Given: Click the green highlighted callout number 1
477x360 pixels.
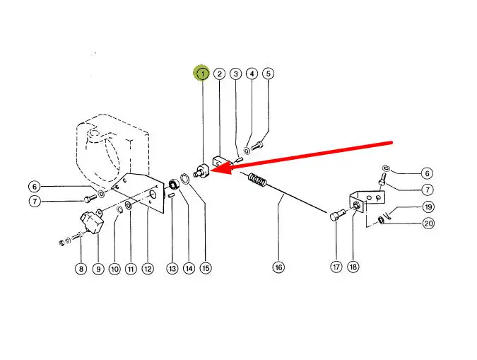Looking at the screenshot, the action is (203, 74).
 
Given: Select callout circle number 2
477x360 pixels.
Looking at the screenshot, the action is (220, 74).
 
